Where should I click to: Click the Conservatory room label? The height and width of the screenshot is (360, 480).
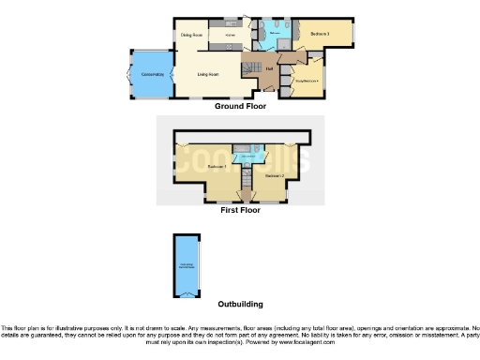pyautogui.click(x=152, y=74)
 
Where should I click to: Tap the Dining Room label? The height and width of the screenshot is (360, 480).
pyautogui.click(x=191, y=36)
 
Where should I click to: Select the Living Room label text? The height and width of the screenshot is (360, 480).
pyautogui.click(x=207, y=74)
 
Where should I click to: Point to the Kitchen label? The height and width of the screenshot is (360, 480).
pyautogui.click(x=229, y=36)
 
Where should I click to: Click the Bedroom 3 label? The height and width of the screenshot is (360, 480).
pyautogui.click(x=322, y=35)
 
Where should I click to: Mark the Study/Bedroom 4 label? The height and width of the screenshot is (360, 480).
pyautogui.click(x=308, y=82)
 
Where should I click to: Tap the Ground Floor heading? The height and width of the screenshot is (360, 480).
pyautogui.click(x=240, y=106)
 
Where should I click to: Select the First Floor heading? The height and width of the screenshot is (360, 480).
pyautogui.click(x=240, y=210)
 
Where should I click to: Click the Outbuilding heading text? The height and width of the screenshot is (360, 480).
pyautogui.click(x=240, y=304)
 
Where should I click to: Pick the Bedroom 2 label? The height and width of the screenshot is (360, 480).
pyautogui.click(x=273, y=175)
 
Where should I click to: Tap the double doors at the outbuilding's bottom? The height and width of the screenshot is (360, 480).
pyautogui.click(x=187, y=293)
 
